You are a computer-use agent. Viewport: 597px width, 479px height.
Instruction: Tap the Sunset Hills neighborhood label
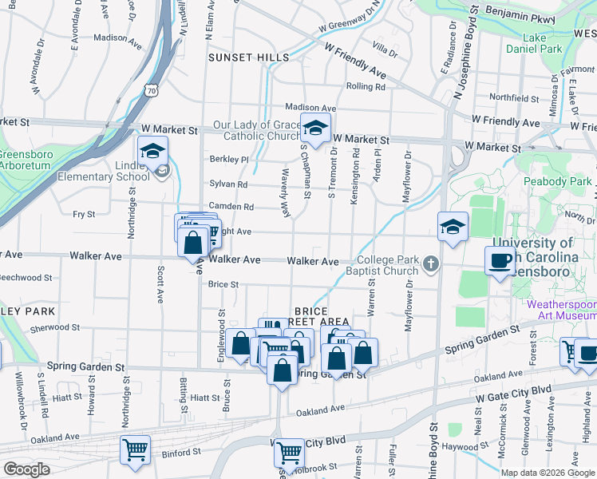[248, 57]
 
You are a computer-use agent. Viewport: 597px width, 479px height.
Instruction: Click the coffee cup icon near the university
[500, 260]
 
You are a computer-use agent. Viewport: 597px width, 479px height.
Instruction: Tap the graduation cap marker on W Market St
[315, 128]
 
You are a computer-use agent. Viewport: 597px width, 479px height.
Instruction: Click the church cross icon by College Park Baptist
[431, 262]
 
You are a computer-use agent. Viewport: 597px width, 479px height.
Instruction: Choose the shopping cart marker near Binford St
[135, 449]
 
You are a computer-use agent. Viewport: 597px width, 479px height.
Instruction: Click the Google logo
[26, 469]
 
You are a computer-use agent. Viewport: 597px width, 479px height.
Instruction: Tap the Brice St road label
[223, 284]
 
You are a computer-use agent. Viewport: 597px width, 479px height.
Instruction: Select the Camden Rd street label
[231, 206]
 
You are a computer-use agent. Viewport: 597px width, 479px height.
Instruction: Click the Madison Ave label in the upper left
[110, 38]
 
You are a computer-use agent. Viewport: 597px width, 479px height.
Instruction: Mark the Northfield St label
[514, 98]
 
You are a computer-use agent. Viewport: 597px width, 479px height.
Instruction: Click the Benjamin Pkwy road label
[520, 14]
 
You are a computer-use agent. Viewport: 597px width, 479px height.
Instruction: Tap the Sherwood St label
[50, 328]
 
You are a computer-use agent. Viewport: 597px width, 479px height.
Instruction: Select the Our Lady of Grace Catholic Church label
[256, 130]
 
